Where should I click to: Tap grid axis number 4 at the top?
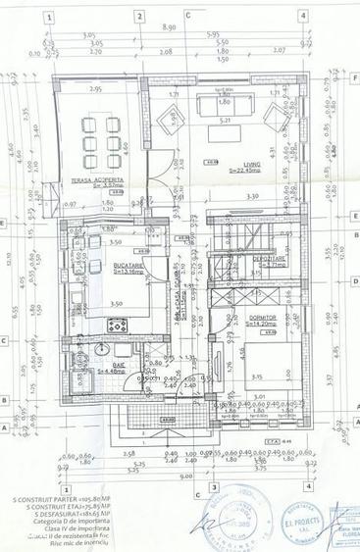click(x=305, y=16)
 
